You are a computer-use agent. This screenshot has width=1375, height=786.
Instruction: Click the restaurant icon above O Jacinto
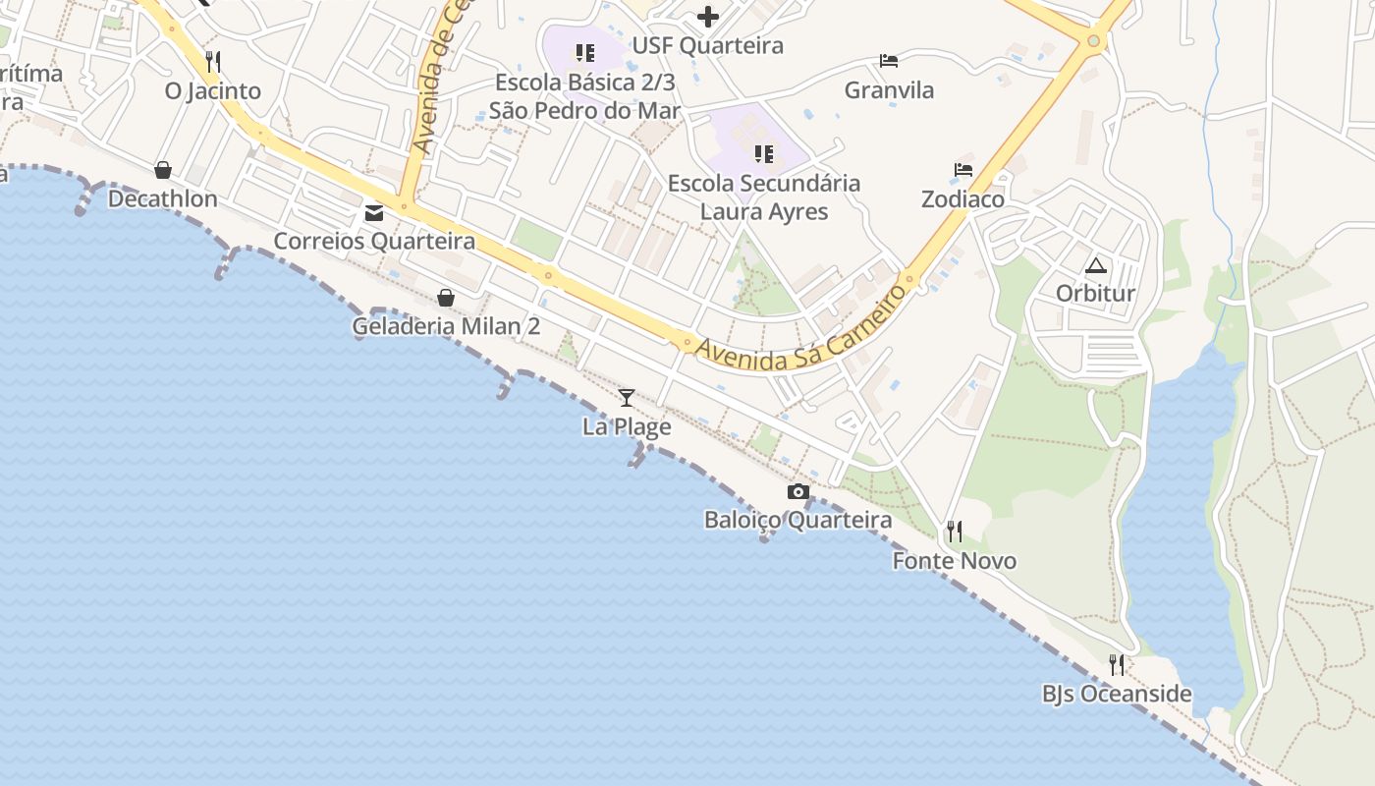point(213,62)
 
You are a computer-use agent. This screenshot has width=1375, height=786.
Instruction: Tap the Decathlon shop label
point(162,199)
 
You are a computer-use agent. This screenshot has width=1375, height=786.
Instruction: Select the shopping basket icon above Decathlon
point(163,170)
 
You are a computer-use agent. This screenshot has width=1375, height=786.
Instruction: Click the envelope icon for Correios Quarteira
point(374,212)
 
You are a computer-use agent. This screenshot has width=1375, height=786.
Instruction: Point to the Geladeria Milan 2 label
point(446,326)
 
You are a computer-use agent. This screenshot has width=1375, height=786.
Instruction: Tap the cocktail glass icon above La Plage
point(627,398)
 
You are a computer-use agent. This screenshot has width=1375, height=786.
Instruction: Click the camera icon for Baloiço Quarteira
point(798,491)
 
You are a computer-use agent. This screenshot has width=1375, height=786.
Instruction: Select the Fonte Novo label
point(954,561)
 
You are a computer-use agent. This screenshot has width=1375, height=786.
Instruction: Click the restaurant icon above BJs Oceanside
point(1117,665)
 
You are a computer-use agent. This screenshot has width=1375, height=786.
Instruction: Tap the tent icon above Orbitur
point(1095,265)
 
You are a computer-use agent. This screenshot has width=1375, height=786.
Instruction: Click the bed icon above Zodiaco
point(962,170)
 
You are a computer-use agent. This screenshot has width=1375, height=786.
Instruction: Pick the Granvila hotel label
point(889,91)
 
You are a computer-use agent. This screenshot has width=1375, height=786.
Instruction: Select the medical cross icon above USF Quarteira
point(707,17)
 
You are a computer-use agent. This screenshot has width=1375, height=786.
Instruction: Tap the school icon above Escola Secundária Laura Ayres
point(763,154)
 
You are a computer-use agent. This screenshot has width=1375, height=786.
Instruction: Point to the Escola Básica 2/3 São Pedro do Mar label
point(584,96)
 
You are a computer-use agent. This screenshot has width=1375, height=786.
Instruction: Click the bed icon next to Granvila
point(889,61)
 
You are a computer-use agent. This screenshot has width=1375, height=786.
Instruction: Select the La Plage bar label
point(627,427)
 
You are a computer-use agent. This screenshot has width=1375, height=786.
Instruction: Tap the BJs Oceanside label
point(1117,695)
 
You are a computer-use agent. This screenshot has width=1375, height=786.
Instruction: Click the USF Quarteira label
point(707,46)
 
